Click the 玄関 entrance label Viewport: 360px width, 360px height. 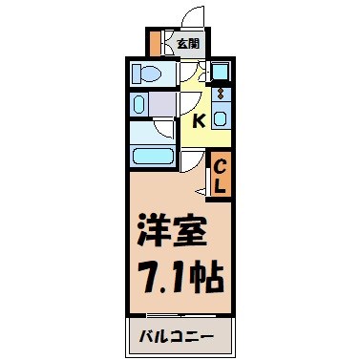click(187, 43)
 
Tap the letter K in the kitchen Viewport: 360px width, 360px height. click(200, 121)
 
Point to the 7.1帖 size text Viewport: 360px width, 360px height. click(178, 277)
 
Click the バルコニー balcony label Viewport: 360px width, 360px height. click(178, 337)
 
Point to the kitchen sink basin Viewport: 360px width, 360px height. click(220, 118)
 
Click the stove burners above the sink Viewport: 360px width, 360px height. click(220, 95)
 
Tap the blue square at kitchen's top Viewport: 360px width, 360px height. click(220, 72)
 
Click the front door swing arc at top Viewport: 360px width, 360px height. click(192, 16)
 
